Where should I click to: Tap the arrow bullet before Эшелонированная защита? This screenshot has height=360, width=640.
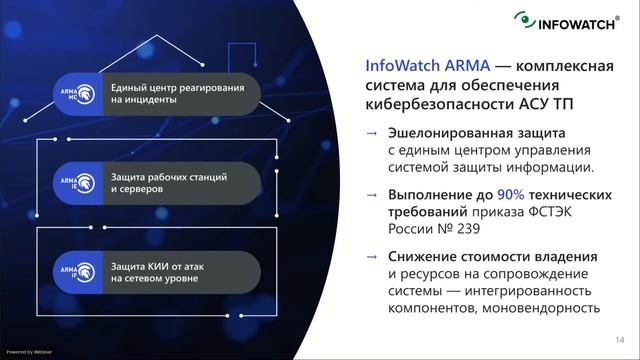coord(372,133)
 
